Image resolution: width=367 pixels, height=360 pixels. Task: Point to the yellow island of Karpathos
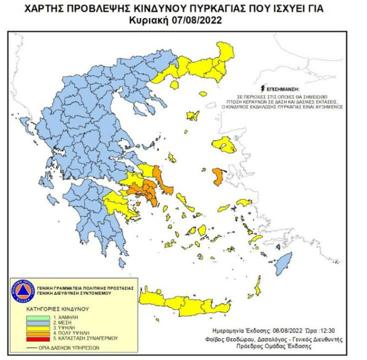click(x=257, y=288)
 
